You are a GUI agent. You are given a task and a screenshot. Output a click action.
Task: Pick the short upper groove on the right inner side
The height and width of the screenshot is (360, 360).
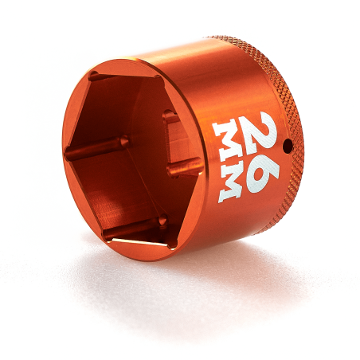(x=170, y=117)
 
